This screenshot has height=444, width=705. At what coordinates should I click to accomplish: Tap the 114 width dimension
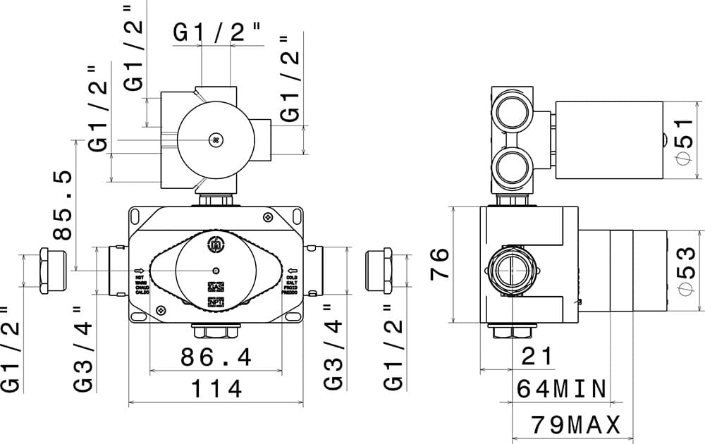pos(215,389)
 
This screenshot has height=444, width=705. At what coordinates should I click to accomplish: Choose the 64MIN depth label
pos(562,388)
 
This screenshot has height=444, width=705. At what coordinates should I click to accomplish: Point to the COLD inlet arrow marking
pos(293,271)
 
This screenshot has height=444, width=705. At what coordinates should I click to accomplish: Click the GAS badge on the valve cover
pos(216,288)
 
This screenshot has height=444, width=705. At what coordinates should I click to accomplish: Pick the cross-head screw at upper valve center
pos(216,140)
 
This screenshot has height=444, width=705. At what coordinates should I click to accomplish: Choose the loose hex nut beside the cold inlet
pos(379,271)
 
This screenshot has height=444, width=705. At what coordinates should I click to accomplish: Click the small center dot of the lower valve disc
pos(216,271)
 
